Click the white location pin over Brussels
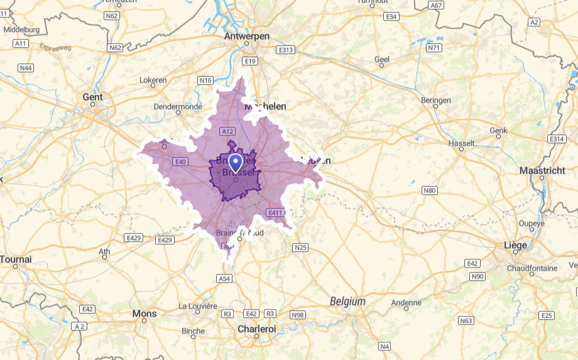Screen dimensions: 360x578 pyautogui.click(x=236, y=163)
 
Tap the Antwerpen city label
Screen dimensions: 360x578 pyautogui.click(x=247, y=37)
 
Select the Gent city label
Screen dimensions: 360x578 pyautogui.click(x=92, y=97)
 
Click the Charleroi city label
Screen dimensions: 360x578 pyautogui.click(x=256, y=328)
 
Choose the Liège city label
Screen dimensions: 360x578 pyautogui.click(x=515, y=244)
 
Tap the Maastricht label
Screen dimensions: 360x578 pyautogui.click(x=542, y=170)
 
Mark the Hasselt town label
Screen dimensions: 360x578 pyautogui.click(x=462, y=143)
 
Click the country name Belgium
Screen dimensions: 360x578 pyautogui.click(x=347, y=302)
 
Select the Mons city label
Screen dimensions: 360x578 pyautogui.click(x=144, y=314)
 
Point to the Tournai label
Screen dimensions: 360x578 pyautogui.click(x=16, y=259)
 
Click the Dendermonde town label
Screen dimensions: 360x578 pyautogui.click(x=178, y=107)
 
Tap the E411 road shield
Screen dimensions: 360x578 pyautogui.click(x=275, y=213)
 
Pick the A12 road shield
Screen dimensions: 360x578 pyautogui.click(x=227, y=131)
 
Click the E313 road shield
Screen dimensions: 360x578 pyautogui.click(x=285, y=50)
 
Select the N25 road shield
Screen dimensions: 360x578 pyautogui.click(x=300, y=248)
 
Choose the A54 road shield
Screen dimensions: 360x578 pyautogui.click(x=224, y=278)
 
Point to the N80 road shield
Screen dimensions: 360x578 pyautogui.click(x=430, y=190)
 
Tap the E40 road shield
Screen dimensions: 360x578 pyautogui.click(x=181, y=161)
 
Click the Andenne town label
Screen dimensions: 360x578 pyautogui.click(x=406, y=303)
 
